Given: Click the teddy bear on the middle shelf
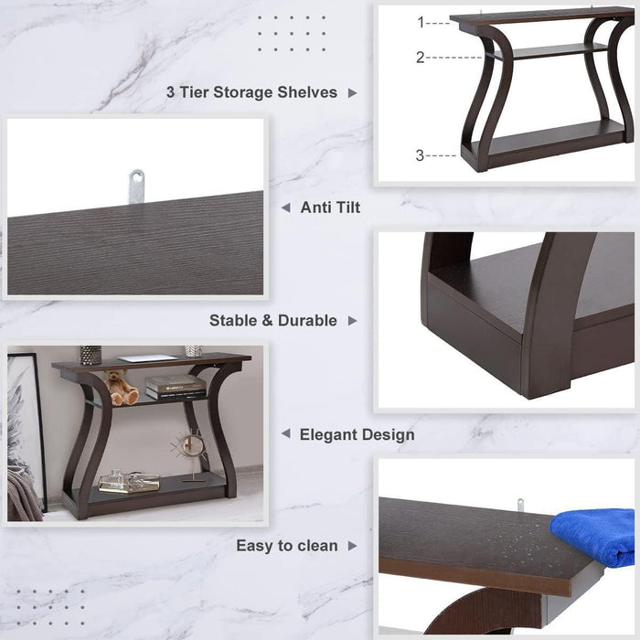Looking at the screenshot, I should [122, 388].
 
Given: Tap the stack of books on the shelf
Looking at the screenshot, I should [175, 388].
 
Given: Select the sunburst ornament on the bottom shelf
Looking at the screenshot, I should [191, 447].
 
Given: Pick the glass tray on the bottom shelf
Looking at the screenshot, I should [129, 482].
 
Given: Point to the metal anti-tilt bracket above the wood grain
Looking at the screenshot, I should [136, 185].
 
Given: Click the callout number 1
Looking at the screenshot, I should [421, 22].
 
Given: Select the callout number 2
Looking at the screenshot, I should [421, 57].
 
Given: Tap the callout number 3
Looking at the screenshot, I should [421, 155].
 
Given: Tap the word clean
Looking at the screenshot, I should [315, 546].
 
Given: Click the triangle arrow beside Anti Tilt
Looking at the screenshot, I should [285, 208].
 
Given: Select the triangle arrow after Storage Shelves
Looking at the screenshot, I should [353, 92].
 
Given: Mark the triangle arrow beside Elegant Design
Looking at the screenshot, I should [285, 434].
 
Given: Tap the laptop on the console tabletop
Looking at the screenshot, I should [146, 358].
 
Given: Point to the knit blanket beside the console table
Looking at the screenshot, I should [23, 494].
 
